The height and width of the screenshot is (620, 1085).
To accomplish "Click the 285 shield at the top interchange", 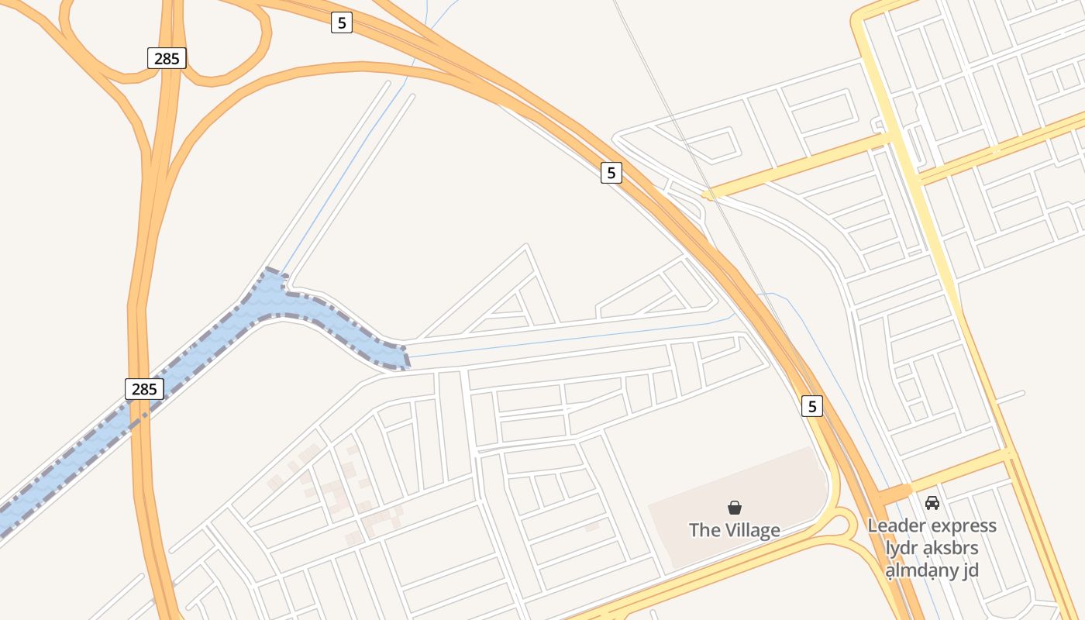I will [167, 58].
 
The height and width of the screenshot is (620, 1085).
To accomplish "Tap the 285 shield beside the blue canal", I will [144, 389].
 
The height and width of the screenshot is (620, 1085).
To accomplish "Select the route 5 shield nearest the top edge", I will [341, 22].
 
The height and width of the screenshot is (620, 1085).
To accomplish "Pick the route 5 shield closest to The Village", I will [811, 405].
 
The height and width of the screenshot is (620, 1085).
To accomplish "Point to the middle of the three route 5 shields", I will [611, 173].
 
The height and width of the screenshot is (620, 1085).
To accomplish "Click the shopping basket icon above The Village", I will [735, 508].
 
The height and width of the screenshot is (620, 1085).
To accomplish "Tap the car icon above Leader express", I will [932, 503].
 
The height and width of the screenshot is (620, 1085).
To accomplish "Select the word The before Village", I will [704, 530].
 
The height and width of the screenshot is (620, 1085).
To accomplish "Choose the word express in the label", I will [966, 525].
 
